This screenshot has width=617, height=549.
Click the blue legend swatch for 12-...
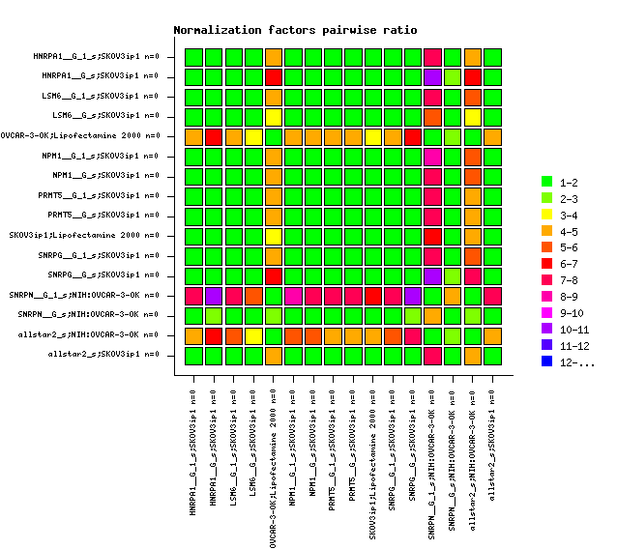pos(546,362)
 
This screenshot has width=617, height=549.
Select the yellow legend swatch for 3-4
pos(546,215)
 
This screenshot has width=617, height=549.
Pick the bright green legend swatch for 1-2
pos(546,182)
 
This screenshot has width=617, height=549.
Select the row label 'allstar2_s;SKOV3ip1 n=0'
pos(103,355)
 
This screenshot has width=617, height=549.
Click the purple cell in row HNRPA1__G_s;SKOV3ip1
pos(432,77)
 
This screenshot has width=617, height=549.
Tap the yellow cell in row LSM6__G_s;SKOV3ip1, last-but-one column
pos(472,117)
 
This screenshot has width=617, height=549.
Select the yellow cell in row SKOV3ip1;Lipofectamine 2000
pos(274,236)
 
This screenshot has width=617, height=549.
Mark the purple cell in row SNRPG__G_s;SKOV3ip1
pos(432,275)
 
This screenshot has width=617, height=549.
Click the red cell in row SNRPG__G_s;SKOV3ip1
pos(274,275)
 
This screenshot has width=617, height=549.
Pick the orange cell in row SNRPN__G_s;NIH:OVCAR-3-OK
pos(432,315)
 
